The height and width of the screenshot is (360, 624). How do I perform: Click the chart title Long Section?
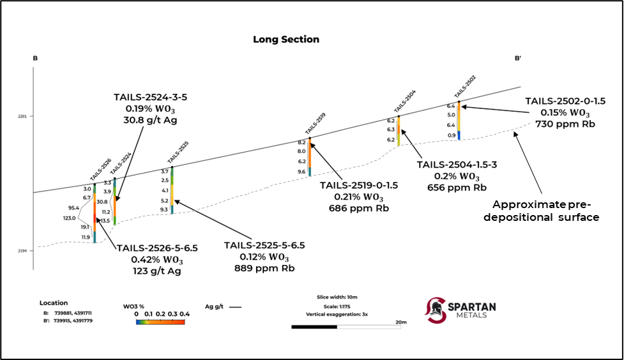tap(286, 40)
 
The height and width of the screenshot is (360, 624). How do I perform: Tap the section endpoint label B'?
tap(518, 58)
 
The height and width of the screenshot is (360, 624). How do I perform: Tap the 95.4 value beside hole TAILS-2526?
tap(73, 207)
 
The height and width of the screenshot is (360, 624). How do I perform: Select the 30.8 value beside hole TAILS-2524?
tap(102, 202)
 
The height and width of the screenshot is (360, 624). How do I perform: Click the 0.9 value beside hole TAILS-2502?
tap(452, 135)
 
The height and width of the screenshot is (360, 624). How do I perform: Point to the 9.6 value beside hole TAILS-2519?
tap(302, 172)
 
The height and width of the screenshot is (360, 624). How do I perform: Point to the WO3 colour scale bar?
tap(160, 322)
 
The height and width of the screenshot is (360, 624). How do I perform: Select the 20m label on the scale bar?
tap(401, 322)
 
